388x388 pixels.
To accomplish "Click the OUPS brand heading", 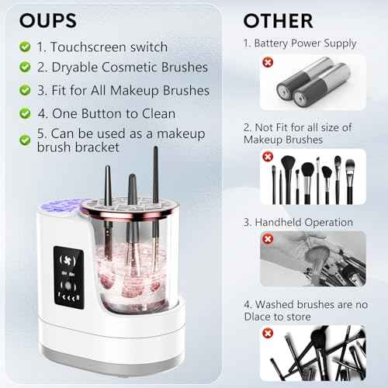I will pyautogui.click(x=48, y=20).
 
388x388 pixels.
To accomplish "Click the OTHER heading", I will pyautogui.click(x=278, y=20).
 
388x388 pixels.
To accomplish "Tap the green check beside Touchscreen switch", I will pyautogui.click(x=26, y=47).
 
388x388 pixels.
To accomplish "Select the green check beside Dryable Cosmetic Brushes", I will pyautogui.click(x=26, y=68).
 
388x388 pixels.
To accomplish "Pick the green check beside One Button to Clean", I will pyautogui.click(x=26, y=113).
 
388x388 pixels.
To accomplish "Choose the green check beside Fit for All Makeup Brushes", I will pyautogui.click(x=26, y=91).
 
